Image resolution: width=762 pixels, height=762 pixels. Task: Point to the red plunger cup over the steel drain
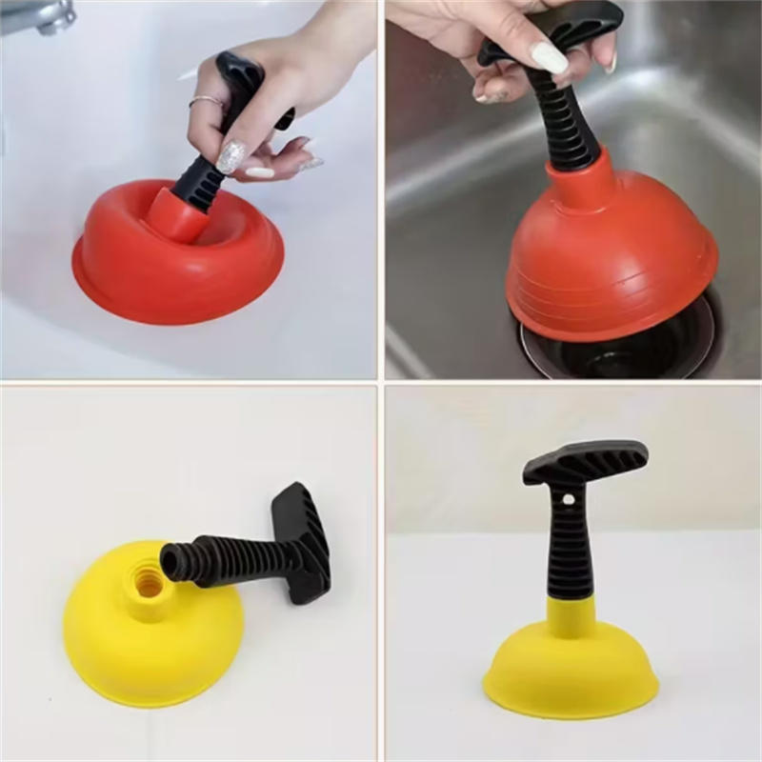[610, 257]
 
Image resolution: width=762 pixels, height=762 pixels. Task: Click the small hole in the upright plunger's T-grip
[569, 498]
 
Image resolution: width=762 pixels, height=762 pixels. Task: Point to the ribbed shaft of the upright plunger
[569, 552]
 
